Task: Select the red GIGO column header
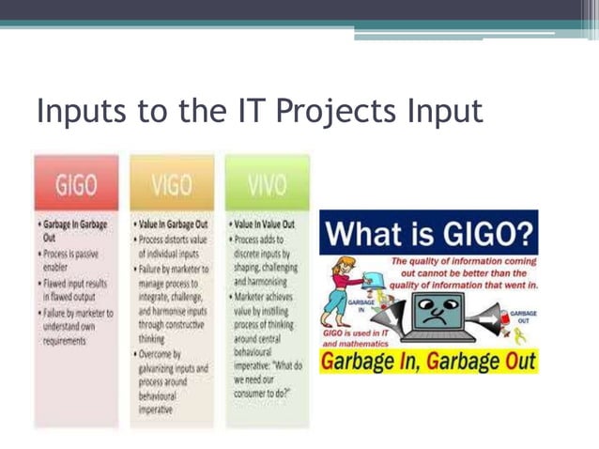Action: coord(76,183)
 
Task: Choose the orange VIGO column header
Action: coord(171,183)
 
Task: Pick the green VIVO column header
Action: coord(267,183)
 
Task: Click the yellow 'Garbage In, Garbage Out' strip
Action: coord(429,362)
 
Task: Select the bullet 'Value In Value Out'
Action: coord(262,225)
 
